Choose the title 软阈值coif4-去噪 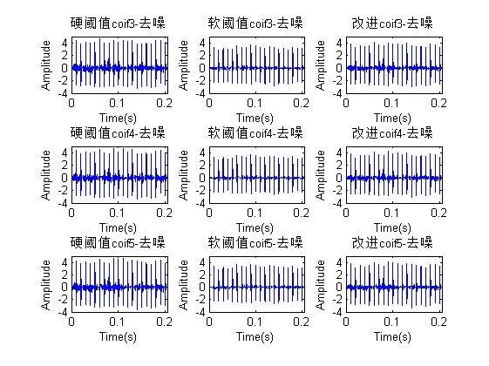[x=255, y=132]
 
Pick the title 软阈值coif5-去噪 [x=255, y=242]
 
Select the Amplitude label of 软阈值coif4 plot [x=185, y=177]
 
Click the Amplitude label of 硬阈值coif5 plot [x=46, y=286]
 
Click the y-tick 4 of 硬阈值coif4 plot [x=66, y=152]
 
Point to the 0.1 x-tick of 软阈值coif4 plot [x=254, y=212]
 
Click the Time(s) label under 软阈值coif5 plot [x=255, y=335]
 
